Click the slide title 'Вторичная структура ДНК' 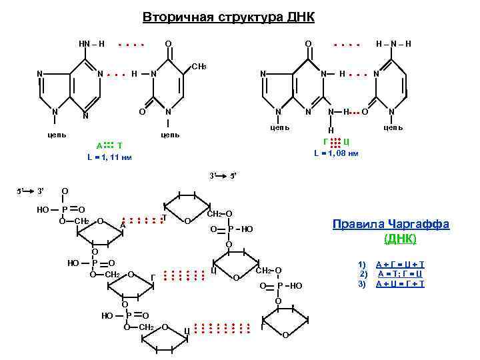point(229,17)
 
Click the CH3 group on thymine point(199,67)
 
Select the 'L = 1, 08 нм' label point(336,153)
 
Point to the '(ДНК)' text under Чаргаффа point(400,238)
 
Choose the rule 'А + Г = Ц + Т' point(400,265)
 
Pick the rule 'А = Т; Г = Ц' point(400,274)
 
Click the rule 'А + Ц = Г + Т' point(400,284)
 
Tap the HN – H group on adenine point(91,44)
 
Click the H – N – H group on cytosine point(393,44)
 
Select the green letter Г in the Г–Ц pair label point(325,141)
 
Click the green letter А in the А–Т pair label point(99,145)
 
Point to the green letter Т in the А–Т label point(119,145)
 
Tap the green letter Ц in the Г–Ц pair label point(347,141)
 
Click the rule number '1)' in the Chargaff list point(363,265)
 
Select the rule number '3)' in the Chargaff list point(363,284)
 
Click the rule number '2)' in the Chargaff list point(364,274)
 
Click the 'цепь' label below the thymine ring point(169,135)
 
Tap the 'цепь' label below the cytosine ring point(393,127)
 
